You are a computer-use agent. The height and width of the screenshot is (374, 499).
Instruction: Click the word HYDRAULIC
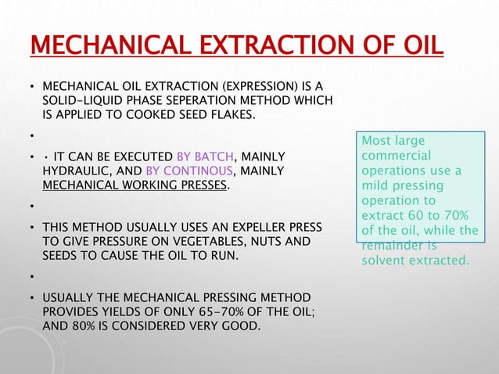pyautogui.click(x=74, y=170)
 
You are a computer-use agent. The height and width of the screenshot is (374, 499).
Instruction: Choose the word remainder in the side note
pyautogui.click(x=393, y=245)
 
